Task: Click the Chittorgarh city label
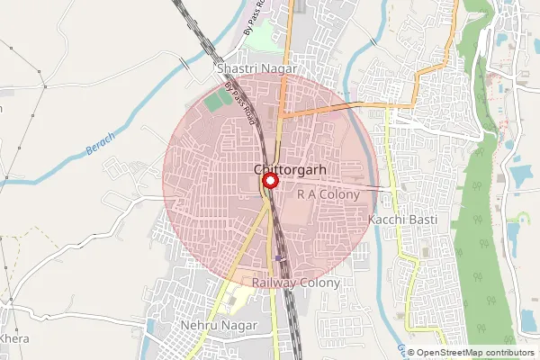point(283,169)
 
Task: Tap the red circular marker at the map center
point(269,183)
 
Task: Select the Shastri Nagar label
point(246,68)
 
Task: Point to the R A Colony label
point(321,194)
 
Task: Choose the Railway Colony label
point(296,283)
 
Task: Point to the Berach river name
point(100,147)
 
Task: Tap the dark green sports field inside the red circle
point(215,101)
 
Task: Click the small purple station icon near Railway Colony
point(280,256)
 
